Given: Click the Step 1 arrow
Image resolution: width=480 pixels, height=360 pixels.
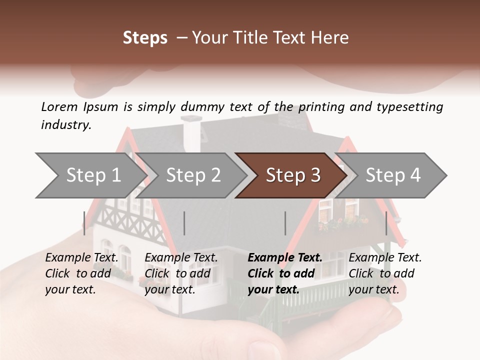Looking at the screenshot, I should point(92,175).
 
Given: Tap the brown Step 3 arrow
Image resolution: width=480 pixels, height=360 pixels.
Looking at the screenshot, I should point(293,175).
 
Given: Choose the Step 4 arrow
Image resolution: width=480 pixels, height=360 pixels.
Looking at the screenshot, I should point(393,175).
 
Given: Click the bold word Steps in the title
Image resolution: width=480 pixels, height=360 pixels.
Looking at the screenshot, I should point(145,38).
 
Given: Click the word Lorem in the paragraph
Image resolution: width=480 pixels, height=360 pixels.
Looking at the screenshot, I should point(59,106).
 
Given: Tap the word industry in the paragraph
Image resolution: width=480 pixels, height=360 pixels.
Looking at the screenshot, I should point(66,124).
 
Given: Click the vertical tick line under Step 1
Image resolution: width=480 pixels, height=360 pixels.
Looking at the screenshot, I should point(84,223).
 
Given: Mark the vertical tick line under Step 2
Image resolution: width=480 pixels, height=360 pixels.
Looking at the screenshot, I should point(184,223).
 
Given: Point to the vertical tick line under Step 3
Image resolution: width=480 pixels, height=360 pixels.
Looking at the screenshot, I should point(285,223).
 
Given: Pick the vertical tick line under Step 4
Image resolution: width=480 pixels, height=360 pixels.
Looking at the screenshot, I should point(386,223).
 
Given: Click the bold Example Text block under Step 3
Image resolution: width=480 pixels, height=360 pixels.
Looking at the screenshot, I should point(284,273).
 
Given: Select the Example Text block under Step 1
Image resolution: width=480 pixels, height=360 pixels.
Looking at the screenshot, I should point(81,273).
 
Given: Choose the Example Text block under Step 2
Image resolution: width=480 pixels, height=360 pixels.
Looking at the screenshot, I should point(181,273).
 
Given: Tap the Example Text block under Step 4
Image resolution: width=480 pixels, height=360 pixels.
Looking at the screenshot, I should point(385,273).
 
